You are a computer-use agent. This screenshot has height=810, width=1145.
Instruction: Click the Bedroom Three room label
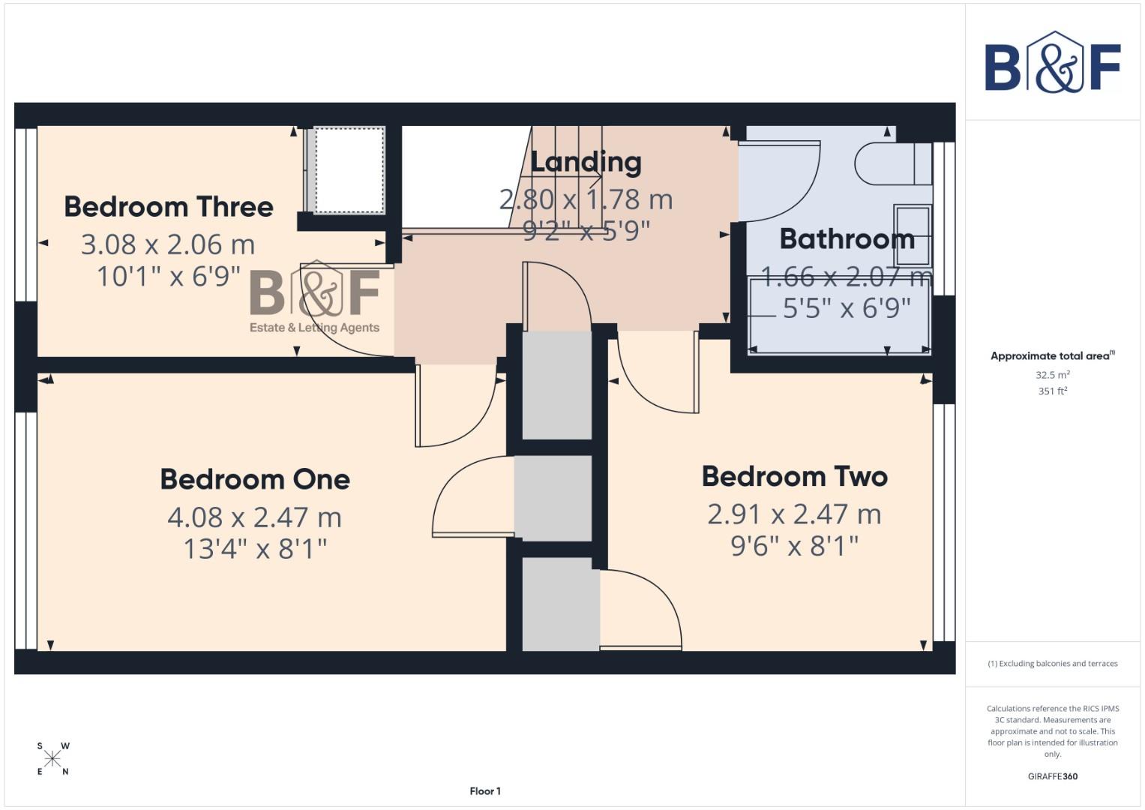pyautogui.click(x=169, y=207)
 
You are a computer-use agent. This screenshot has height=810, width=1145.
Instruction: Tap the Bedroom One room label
pyautogui.click(x=255, y=479)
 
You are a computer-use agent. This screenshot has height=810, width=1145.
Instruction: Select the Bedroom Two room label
pyautogui.click(x=795, y=476)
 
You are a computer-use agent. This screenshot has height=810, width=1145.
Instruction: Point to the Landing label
pyautogui.click(x=586, y=162)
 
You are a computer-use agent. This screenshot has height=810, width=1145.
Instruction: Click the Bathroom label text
pyautogui.click(x=847, y=239)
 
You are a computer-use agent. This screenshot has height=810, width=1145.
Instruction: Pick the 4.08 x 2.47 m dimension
pyautogui.click(x=255, y=517)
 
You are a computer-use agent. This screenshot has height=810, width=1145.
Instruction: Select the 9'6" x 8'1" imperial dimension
pyautogui.click(x=795, y=546)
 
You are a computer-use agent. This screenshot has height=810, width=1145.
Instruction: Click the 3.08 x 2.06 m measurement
pyautogui.click(x=168, y=244)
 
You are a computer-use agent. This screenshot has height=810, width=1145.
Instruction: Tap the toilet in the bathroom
pyautogui.click(x=892, y=163)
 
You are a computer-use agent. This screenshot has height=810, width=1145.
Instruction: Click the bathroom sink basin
pyautogui.click(x=913, y=235)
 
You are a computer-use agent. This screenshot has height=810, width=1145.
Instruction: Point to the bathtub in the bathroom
pyautogui.click(x=839, y=315)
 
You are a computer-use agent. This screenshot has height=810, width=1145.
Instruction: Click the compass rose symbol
pyautogui.click(x=52, y=758)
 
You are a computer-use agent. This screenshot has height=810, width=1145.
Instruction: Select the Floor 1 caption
pyautogui.click(x=485, y=791)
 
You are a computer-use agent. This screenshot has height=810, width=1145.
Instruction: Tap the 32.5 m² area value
pyautogui.click(x=1052, y=374)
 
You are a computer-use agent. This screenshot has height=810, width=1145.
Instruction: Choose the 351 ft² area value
pyautogui.click(x=1052, y=391)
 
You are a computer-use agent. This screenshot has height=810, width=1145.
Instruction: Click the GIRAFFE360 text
pyautogui.click(x=1052, y=776)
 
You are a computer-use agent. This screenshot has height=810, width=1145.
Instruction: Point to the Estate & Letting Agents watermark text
pyautogui.click(x=314, y=328)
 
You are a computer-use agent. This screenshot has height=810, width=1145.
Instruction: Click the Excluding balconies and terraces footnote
pyautogui.click(x=1052, y=664)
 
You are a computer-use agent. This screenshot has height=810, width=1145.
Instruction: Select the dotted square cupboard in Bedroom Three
pyautogui.click(x=349, y=170)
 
